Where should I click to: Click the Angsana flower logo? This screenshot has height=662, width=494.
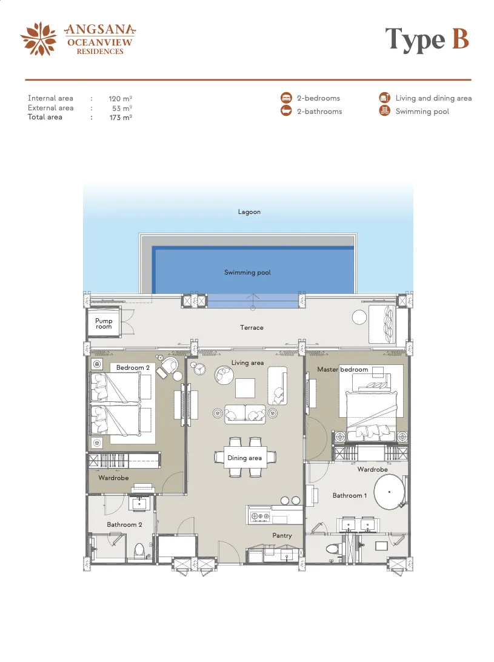pyautogui.click(x=38, y=39)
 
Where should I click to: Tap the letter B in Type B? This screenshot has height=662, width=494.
pyautogui.click(x=460, y=38)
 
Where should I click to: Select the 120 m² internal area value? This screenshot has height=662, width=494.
pyautogui.click(x=121, y=98)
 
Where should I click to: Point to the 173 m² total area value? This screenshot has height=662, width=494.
pyautogui.click(x=121, y=118)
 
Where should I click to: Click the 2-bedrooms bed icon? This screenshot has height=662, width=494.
pyautogui.click(x=286, y=98)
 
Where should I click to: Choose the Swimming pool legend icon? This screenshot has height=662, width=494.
pyautogui.click(x=385, y=111)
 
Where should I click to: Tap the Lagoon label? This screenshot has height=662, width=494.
pyautogui.click(x=249, y=212)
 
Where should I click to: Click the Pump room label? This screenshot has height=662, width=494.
pyautogui.click(x=104, y=323)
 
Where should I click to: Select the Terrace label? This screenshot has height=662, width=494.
pyautogui.click(x=252, y=327)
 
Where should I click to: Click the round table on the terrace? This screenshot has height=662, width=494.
pyautogui.click(x=359, y=318)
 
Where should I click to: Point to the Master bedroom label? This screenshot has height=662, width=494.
pyautogui.click(x=342, y=369)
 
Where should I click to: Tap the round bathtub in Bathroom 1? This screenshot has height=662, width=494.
pyautogui.click(x=389, y=492)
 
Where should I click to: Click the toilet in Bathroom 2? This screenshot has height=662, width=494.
pyautogui.click(x=139, y=550)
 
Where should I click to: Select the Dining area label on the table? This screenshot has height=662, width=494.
pyautogui.click(x=244, y=458)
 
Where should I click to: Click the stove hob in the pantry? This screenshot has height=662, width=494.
pyautogui.click(x=260, y=516)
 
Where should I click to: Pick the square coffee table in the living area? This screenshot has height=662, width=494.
pyautogui.click(x=245, y=388)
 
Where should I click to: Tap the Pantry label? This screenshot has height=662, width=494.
pyautogui.click(x=282, y=536)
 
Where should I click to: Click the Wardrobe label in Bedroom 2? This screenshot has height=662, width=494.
pyautogui.click(x=113, y=478)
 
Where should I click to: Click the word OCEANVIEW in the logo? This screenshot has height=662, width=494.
pyautogui.click(x=99, y=42)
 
